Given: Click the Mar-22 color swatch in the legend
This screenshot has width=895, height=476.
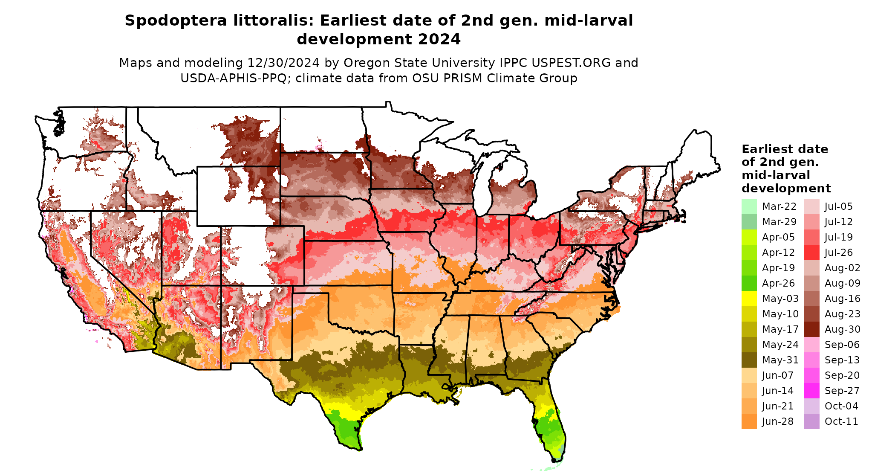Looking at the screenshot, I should click(x=749, y=206).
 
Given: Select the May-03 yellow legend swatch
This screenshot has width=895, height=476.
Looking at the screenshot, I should click(x=749, y=299).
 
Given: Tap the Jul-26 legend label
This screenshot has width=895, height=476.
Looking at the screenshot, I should click(x=838, y=253).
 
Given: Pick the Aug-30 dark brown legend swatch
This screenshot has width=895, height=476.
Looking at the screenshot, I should click(x=811, y=329).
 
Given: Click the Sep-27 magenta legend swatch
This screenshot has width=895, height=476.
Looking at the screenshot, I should click(x=811, y=391).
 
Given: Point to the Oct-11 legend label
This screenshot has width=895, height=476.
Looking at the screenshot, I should click(x=841, y=421).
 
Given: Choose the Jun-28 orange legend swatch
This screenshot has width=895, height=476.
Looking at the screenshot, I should click(x=749, y=421).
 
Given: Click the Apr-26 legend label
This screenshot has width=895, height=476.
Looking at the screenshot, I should click(x=778, y=283).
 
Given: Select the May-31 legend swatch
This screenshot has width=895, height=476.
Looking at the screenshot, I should click(x=749, y=360).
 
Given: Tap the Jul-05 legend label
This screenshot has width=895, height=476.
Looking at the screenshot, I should click(x=838, y=206).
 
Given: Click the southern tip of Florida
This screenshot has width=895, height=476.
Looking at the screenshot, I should click(x=556, y=460).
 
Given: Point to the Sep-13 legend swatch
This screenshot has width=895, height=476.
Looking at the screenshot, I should click(x=811, y=360).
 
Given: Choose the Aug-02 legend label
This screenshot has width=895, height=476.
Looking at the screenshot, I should click(x=842, y=268).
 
